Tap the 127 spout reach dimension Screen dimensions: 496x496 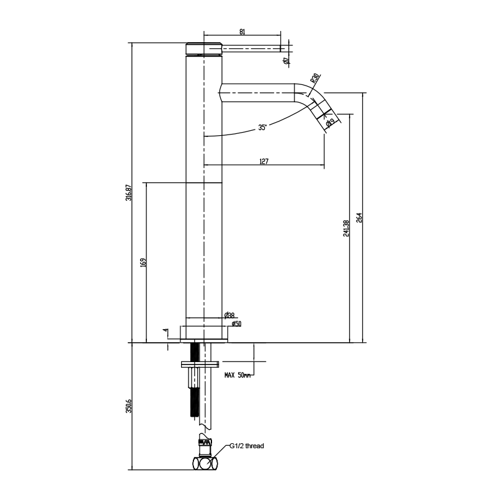[263, 161]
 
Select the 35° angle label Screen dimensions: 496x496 [263, 128]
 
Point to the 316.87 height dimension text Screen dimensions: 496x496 [128, 192]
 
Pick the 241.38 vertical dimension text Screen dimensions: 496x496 [346, 228]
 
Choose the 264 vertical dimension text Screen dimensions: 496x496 [359, 218]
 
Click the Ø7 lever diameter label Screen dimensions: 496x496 [285, 60]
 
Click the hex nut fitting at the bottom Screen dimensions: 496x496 [205, 463]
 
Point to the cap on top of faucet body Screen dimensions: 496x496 [204, 48]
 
